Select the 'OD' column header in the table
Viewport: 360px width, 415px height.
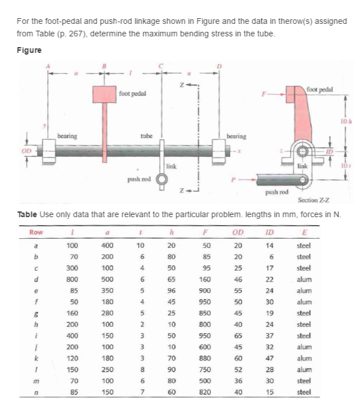point(238,233)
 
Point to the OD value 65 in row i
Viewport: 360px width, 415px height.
point(238,335)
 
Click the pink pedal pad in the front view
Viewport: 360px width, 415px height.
point(105,95)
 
